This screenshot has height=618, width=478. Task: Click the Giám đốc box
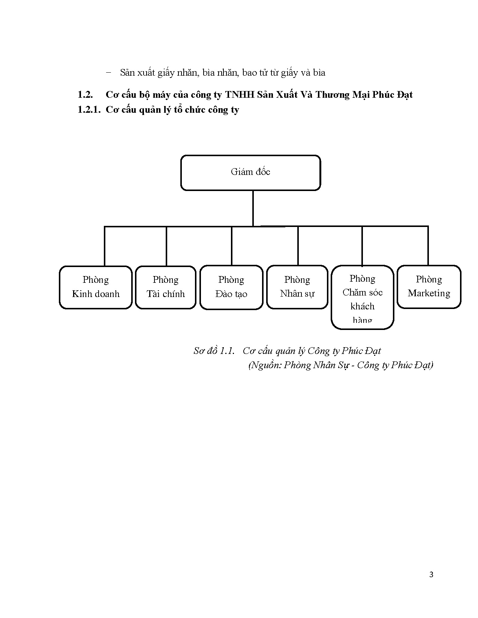pyautogui.click(x=250, y=173)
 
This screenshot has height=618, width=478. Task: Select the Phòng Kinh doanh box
pyautogui.click(x=96, y=287)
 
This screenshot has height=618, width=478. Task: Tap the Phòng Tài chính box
pyautogui.click(x=166, y=287)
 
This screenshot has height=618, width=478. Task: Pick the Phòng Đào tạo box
pyautogui.click(x=231, y=287)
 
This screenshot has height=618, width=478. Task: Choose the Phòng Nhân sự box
pyautogui.click(x=297, y=287)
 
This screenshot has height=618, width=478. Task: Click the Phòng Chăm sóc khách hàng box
pyautogui.click(x=363, y=297)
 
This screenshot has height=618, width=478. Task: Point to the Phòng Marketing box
pyautogui.click(x=429, y=287)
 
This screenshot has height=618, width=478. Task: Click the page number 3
pyautogui.click(x=431, y=575)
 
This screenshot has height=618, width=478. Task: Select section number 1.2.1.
pyautogui.click(x=89, y=110)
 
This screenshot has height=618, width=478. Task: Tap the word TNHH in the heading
pyautogui.click(x=240, y=95)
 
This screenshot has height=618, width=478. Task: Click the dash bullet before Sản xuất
pyautogui.click(x=109, y=73)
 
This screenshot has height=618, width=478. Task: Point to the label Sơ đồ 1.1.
pyautogui.click(x=214, y=351)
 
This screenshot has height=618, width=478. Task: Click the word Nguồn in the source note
pyautogui.click(x=266, y=365)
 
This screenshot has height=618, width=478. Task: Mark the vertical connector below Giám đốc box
pyautogui.click(x=253, y=208)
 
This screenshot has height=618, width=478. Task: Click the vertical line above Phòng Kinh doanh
pyautogui.click(x=105, y=246)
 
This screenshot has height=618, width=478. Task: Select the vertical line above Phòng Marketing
pyautogui.click(x=428, y=246)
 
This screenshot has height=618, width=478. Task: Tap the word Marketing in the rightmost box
pyautogui.click(x=429, y=293)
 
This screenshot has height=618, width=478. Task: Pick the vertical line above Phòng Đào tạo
pyautogui.click(x=232, y=246)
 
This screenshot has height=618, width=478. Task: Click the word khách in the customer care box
pyautogui.click(x=363, y=306)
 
